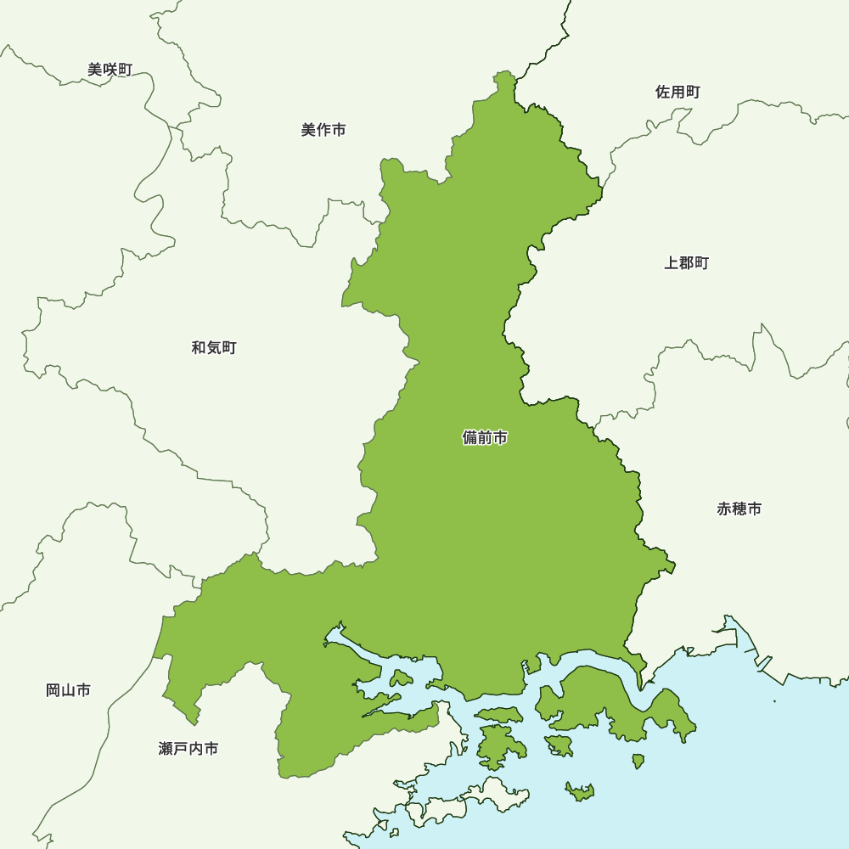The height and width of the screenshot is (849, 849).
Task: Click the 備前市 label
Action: [485, 438]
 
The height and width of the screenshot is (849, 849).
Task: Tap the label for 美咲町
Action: [110, 70]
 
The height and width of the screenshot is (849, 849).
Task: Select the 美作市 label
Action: [323, 130]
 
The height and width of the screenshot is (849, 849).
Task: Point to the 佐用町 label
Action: [678, 92]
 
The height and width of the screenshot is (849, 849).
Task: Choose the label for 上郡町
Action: [686, 262]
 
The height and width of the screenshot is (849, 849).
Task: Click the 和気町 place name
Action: [214, 347]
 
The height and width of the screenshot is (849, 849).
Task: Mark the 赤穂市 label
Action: [739, 509]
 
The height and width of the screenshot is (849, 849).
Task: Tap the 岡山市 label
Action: [68, 690]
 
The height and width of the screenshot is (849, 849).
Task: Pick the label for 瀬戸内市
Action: [188, 749]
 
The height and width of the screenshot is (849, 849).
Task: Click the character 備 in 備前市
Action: [469, 438]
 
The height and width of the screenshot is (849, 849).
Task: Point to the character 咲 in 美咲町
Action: [110, 70]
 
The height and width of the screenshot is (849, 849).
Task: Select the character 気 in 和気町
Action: [214, 347]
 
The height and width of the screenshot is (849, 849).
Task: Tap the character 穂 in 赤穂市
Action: [739, 509]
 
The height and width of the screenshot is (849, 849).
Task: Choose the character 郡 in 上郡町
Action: [686, 262]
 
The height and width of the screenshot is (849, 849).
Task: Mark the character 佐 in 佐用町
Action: [662, 92]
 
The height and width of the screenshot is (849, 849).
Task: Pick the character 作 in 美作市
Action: [323, 130]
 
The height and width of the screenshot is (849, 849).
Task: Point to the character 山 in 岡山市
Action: [68, 690]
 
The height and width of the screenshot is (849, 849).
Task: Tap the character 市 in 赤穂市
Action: [754, 509]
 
